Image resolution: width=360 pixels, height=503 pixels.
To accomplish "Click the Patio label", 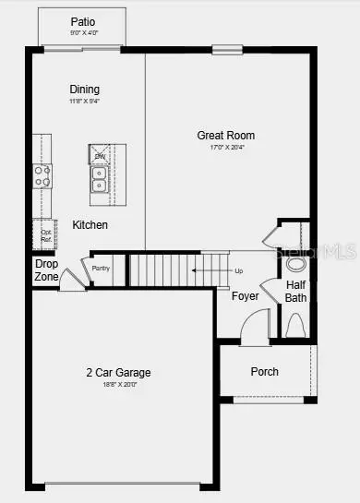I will point(83,22).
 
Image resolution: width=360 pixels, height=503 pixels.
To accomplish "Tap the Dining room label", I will point(84,90).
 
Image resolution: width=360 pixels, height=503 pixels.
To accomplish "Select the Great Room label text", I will point(225,136).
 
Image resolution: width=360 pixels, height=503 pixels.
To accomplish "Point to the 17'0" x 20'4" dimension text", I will point(225,149).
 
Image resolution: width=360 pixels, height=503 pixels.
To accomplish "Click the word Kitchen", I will point(90,225).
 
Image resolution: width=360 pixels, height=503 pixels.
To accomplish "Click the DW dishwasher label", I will point(100,157).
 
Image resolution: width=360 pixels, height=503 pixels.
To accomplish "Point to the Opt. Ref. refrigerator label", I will point(45,235).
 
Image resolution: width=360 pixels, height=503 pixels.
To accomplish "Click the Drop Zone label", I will point(46,270).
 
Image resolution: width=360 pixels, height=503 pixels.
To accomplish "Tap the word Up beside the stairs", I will point(239,271).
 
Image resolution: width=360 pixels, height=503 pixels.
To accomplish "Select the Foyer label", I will point(245,296).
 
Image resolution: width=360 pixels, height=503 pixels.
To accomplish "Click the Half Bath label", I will point(295,291).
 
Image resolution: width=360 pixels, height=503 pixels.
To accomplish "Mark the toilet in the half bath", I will point(295,325).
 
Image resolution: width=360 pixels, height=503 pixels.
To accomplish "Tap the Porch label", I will point(264,372).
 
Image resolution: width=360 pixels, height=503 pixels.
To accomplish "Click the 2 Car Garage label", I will point(118,373).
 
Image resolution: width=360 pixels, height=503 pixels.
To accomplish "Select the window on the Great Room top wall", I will point(226,49).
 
